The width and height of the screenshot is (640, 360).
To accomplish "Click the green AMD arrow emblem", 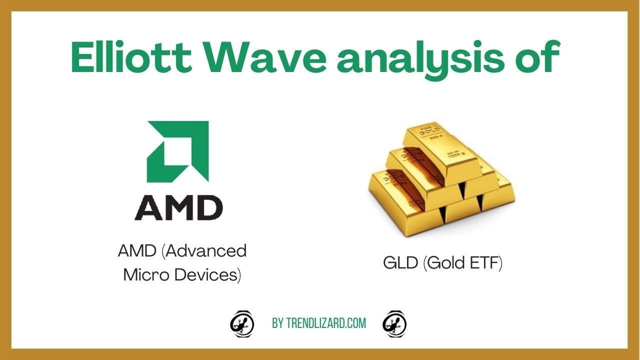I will pos(177,151).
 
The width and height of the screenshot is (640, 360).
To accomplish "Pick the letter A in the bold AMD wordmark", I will pos(149,207).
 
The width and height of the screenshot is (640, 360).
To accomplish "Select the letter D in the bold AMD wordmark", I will pos(209,207).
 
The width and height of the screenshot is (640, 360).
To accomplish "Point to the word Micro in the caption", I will pos(144,274).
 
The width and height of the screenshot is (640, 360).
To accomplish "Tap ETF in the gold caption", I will pos(485,263).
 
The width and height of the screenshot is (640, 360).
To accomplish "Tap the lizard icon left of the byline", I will pos(242,323).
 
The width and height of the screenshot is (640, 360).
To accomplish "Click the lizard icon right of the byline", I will pos(394,323).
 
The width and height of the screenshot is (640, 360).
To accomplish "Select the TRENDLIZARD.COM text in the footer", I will pos(326,323).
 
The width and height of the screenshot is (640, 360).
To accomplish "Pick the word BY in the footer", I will pos(278,323).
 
